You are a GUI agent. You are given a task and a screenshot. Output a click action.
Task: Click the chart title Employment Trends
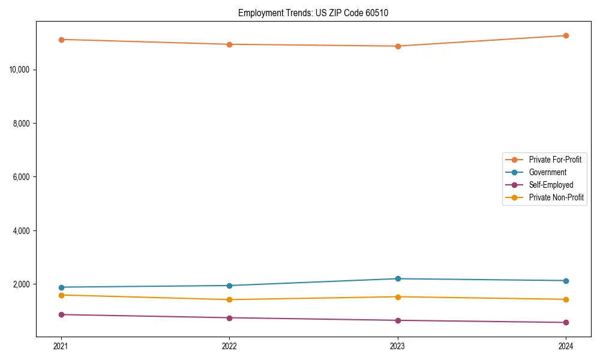(x=313, y=13)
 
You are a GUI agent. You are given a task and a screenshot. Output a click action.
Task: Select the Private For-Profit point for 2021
(x=61, y=40)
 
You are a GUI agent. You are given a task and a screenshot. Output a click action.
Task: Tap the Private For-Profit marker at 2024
(x=566, y=35)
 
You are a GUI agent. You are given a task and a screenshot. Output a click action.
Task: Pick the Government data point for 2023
(x=398, y=278)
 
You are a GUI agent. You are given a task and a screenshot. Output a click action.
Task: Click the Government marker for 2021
(x=61, y=287)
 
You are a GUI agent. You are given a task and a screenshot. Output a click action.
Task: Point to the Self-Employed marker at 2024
(x=566, y=322)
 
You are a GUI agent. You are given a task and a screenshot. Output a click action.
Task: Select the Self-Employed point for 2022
(x=229, y=317)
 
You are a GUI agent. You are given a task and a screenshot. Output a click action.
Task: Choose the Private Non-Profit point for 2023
(x=398, y=296)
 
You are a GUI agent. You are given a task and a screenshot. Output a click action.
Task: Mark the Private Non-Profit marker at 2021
(x=61, y=295)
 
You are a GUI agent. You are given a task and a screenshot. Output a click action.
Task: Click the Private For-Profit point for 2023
(x=398, y=46)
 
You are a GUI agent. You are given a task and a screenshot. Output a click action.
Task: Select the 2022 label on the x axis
(x=229, y=346)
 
